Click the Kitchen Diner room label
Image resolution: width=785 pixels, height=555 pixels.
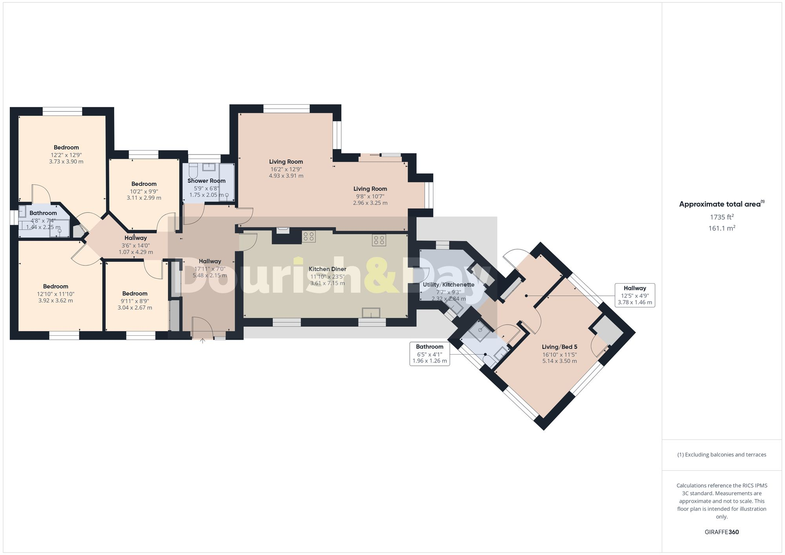pos(327,269)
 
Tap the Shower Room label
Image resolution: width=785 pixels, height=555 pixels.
pos(206,181)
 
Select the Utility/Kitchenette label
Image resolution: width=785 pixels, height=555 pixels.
pos(449,285)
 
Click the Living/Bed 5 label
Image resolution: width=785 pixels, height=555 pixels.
pos(559,347)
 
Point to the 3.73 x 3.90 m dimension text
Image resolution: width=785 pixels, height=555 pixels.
pos(66,162)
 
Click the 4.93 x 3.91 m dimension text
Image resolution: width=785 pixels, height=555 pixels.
pos(286,176)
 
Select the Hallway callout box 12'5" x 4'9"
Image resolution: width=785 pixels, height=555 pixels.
pos(635,295)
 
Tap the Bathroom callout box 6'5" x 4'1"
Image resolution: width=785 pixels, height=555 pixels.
pos(429,354)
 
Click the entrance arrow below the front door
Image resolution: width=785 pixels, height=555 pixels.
pos(203,340)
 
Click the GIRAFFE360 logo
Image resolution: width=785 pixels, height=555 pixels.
pos(721,532)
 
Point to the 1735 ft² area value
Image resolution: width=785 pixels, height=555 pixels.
pos(721,217)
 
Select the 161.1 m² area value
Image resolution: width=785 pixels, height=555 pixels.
pos(721,228)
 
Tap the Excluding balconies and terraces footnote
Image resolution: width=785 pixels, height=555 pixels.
pos(721,455)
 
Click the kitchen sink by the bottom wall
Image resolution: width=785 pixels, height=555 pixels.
pos(371,313)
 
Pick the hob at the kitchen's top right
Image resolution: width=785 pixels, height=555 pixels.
pos(379,240)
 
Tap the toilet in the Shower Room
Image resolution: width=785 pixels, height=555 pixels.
pos(193,171)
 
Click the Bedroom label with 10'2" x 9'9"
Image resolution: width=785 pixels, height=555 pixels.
pos(144,184)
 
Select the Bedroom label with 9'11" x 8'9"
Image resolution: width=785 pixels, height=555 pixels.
pos(135,293)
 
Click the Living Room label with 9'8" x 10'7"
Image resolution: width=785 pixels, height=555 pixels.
pos(370,189)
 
